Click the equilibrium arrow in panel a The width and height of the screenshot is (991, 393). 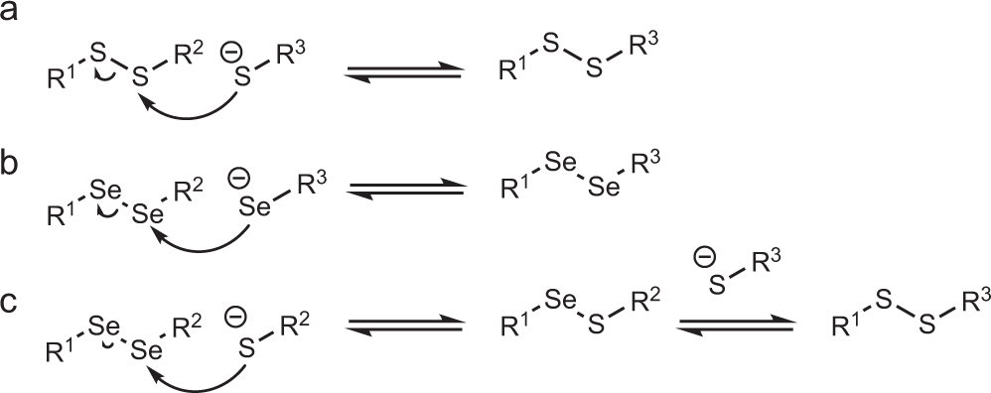tap(402, 72)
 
